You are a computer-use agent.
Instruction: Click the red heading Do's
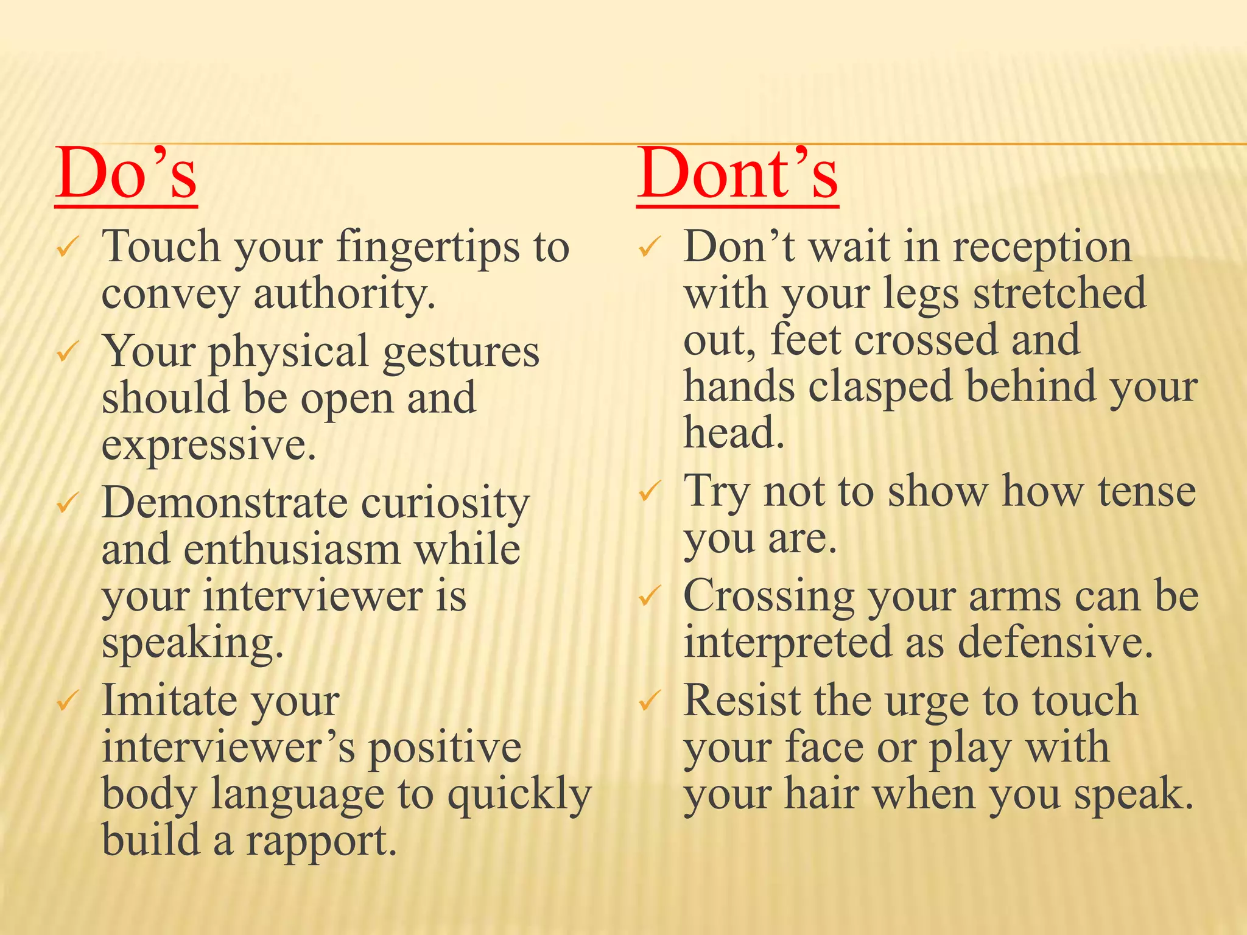(x=126, y=174)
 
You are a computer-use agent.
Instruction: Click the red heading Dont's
(x=737, y=174)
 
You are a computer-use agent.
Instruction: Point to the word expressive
(x=209, y=445)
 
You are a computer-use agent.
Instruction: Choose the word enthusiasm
(x=292, y=550)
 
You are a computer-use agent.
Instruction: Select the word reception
(x=1042, y=248)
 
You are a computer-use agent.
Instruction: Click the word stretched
(x=1059, y=293)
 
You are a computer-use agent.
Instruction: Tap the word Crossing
(x=769, y=596)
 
